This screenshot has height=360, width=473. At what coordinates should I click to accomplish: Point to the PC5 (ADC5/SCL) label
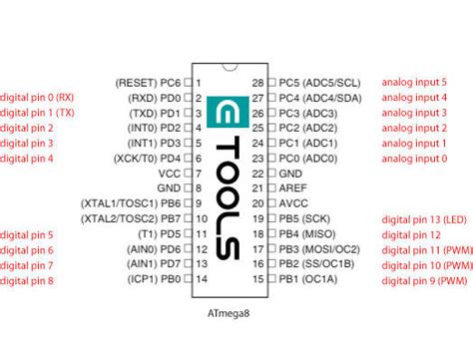[320, 83]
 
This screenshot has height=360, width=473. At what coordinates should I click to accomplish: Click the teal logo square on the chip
[223, 111]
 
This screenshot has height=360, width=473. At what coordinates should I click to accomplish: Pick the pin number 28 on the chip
[258, 83]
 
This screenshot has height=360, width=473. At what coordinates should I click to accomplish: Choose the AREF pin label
[293, 188]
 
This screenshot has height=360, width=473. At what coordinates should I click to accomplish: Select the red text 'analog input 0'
[415, 159]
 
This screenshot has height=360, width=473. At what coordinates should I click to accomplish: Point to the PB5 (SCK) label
[305, 219]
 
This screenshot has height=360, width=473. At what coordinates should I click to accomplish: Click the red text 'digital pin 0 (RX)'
[37, 98]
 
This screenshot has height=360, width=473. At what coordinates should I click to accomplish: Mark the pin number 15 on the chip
[258, 280]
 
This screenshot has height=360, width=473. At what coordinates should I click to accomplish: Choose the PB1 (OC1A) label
[308, 280]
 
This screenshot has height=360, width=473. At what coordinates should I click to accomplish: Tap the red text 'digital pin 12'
[410, 234]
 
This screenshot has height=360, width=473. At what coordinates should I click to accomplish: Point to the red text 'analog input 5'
[415, 83]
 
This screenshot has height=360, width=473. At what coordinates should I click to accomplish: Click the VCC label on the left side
[170, 174]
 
